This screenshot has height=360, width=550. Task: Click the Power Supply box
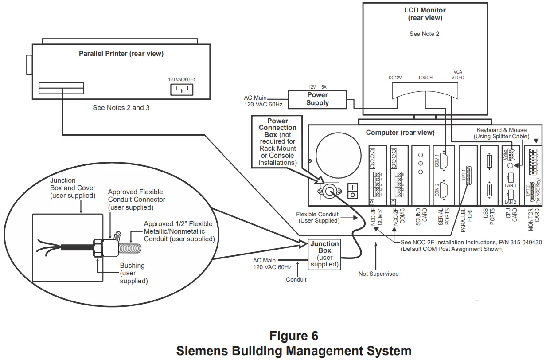coord(317,99)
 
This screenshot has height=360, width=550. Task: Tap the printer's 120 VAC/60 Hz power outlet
coord(182,90)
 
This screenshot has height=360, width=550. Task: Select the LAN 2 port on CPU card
coord(510,194)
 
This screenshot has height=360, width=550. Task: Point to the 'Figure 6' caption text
coord(294,336)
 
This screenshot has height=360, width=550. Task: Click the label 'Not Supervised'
coord(378,274)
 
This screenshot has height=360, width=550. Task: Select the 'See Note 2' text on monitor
coord(424,34)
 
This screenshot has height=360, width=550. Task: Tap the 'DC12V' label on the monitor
coord(394,78)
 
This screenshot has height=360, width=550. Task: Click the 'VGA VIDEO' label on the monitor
coord(457,74)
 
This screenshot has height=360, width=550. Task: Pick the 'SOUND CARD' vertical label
coord(421,217)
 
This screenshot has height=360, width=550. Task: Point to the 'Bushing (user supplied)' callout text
coord(133,273)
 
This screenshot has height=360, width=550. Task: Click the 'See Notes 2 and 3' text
coord(121,108)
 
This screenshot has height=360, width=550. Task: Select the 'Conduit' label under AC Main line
coord(296,280)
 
